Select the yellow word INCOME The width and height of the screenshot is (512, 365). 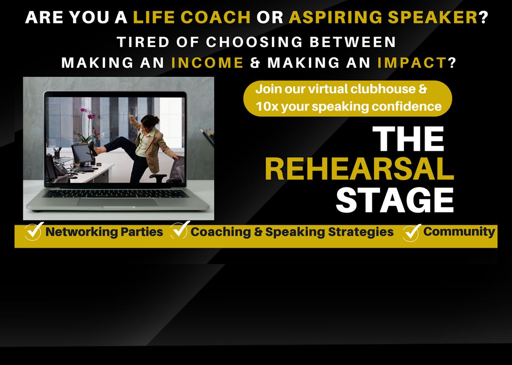[207, 63]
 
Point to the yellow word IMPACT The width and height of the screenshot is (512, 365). [411, 63]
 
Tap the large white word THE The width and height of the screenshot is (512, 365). [408, 139]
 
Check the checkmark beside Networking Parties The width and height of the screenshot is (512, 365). [33, 232]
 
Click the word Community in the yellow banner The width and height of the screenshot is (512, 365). [459, 231]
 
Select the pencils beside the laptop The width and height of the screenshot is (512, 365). [208, 137]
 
